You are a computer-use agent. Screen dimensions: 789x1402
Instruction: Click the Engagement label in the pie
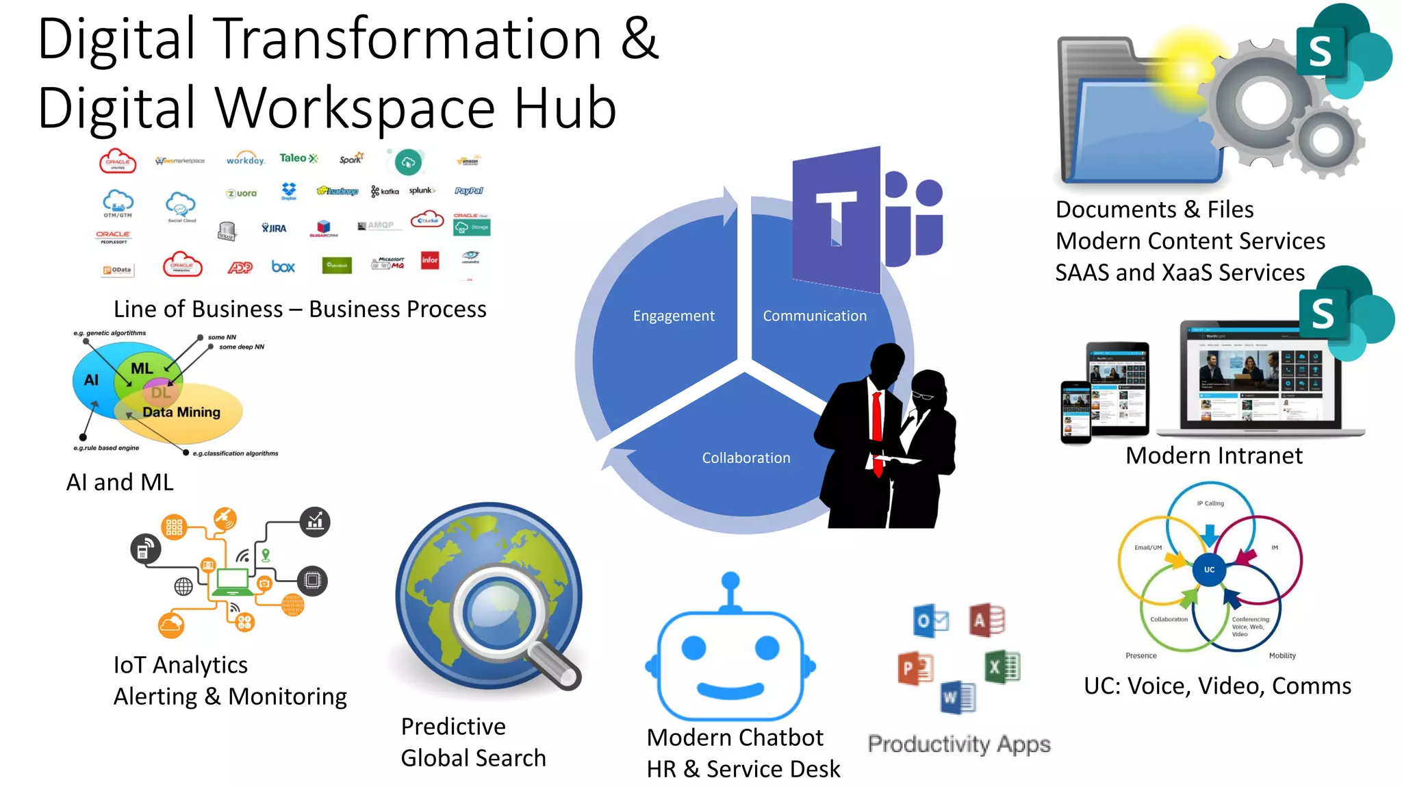pyautogui.click(x=674, y=316)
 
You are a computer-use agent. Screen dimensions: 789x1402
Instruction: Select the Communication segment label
pyautogui.click(x=815, y=316)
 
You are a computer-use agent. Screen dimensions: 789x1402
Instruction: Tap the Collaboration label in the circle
pyautogui.click(x=745, y=458)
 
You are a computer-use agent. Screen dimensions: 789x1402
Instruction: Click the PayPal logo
pyautogui.click(x=469, y=191)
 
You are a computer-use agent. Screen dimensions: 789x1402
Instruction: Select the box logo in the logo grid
pyautogui.click(x=283, y=266)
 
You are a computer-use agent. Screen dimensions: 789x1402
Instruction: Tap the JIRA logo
pyautogui.click(x=274, y=228)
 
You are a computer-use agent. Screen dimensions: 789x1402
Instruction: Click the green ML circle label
pyautogui.click(x=142, y=368)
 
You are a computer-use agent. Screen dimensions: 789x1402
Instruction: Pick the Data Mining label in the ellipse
pyautogui.click(x=181, y=412)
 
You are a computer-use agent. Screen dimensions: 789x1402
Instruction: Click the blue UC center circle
pyautogui.click(x=1209, y=569)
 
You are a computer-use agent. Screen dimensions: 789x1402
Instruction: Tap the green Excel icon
pyautogui.click(x=1002, y=666)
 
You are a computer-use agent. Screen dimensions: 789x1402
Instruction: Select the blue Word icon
pyautogui.click(x=958, y=697)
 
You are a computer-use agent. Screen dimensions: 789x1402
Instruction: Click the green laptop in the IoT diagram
pyautogui.click(x=232, y=583)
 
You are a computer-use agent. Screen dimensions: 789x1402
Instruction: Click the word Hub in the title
pyautogui.click(x=565, y=108)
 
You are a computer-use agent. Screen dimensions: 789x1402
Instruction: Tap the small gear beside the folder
pyautogui.click(x=1326, y=140)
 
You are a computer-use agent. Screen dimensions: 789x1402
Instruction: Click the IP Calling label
pyautogui.click(x=1210, y=503)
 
